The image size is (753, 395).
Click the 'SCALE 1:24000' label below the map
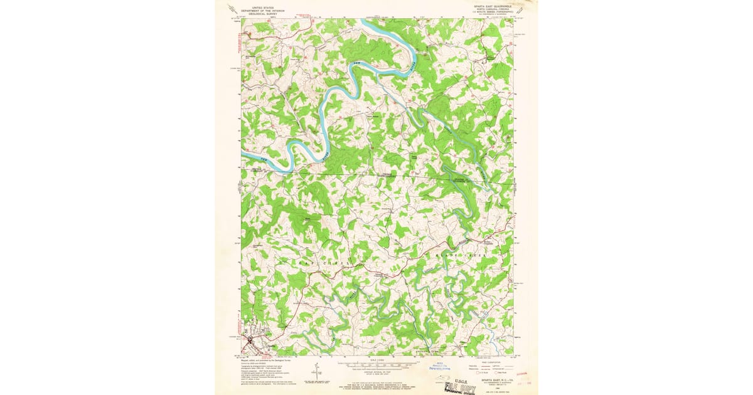pyautogui.click(x=376, y=360)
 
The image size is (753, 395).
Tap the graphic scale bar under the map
pyautogui.click(x=376, y=365)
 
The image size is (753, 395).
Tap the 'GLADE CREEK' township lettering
pyautogui.click(x=467, y=256)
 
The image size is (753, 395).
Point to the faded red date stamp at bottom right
pyautogui.click(x=525, y=378)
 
